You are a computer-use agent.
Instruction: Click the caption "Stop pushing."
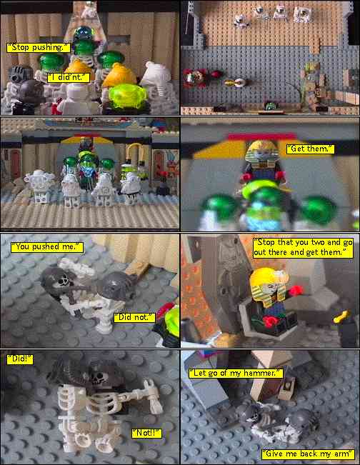(39, 47)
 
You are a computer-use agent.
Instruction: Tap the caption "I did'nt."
(69, 78)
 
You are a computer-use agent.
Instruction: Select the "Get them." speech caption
(310, 149)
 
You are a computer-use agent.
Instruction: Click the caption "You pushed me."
(47, 247)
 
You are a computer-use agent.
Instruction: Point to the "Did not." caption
(134, 317)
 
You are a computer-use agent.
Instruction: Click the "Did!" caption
(20, 359)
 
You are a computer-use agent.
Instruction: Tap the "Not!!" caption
(147, 433)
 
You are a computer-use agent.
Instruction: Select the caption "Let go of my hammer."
(236, 373)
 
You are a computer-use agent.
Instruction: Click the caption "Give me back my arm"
(308, 454)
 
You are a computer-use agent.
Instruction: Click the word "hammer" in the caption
(261, 373)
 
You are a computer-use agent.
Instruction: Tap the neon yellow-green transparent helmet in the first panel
(128, 96)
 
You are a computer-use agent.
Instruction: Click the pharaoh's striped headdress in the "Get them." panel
(261, 152)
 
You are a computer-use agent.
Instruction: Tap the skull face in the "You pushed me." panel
(64, 280)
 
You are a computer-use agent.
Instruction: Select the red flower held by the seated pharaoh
(297, 291)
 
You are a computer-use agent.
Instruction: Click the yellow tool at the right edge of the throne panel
(341, 317)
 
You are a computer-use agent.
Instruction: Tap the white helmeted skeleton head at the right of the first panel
(156, 76)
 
